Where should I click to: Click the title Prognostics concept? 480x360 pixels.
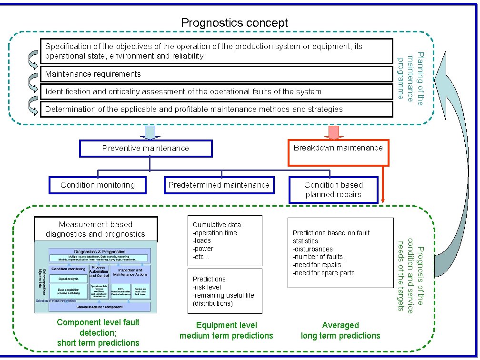pos(234,22)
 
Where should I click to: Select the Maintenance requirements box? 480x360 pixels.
pos(216,74)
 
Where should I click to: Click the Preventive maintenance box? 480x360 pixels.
pos(146,148)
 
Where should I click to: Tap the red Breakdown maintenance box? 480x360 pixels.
pos(338,151)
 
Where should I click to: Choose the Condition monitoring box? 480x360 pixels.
pos(98,185)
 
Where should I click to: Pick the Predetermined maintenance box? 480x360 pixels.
pos(219,185)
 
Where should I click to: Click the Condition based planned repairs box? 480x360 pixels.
pos(333,190)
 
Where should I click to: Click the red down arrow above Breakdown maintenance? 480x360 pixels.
pos(333,132)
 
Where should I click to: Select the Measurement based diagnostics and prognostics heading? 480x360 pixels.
pos(95,229)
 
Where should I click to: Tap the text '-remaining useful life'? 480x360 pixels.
pos(223,295)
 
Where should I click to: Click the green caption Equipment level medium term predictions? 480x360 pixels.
pos(226,330)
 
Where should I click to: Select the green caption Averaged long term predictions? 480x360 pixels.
pos(340,330)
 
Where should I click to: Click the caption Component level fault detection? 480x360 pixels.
pos(98,332)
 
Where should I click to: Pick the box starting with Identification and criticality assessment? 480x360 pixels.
pos(216,91)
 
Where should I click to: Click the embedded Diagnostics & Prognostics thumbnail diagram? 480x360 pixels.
pos(95,277)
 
